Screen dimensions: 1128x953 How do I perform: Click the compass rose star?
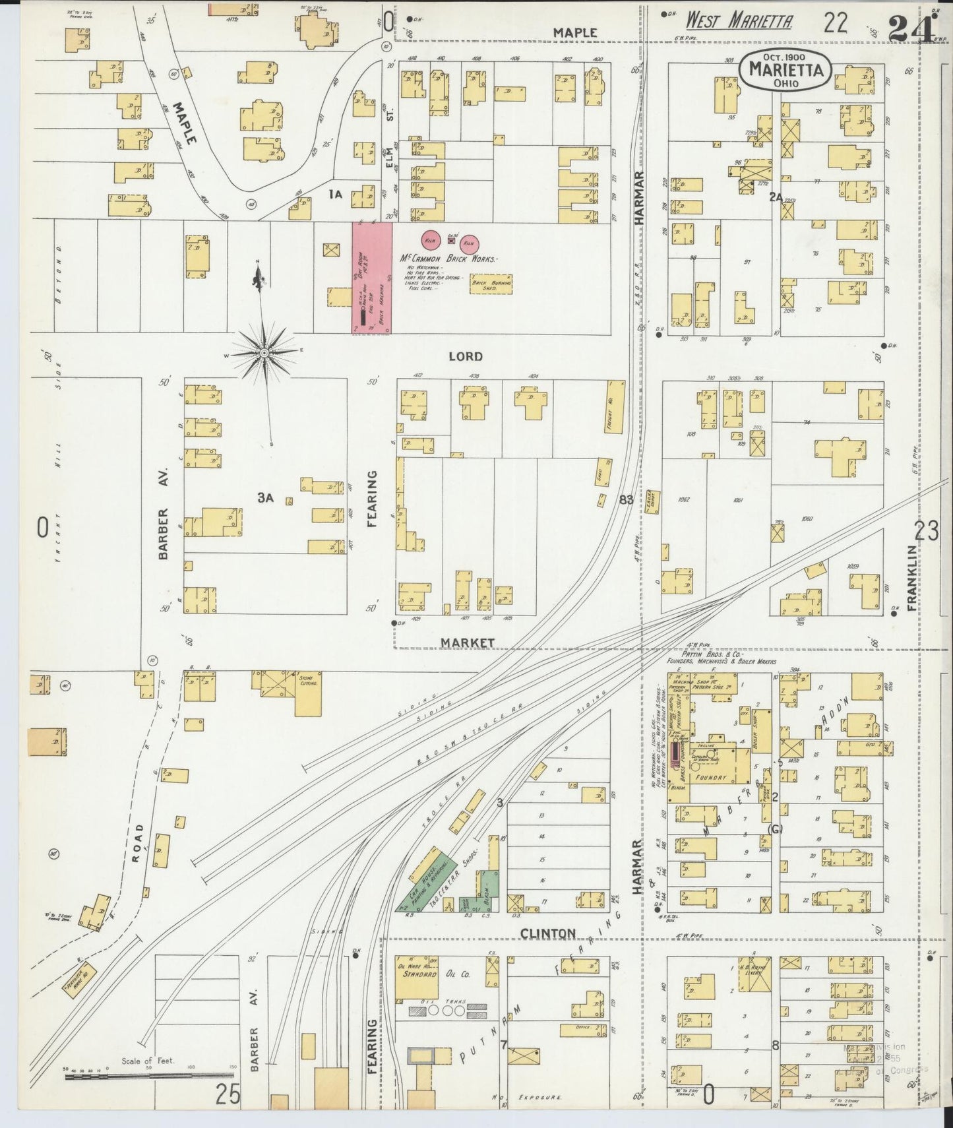coord(264,353)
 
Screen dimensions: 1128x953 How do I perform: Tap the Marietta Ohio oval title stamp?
coord(784,69)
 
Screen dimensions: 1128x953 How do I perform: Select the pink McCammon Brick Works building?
coord(371,278)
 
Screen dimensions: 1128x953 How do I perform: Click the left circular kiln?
coord(432,239)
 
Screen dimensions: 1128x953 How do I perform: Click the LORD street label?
coord(465,356)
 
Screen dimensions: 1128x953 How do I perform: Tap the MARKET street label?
coord(468,642)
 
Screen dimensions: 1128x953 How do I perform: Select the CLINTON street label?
coord(548,933)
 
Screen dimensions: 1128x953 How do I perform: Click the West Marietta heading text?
coord(739,21)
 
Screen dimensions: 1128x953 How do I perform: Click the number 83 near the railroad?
coord(625,500)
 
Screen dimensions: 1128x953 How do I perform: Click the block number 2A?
coord(776,196)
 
